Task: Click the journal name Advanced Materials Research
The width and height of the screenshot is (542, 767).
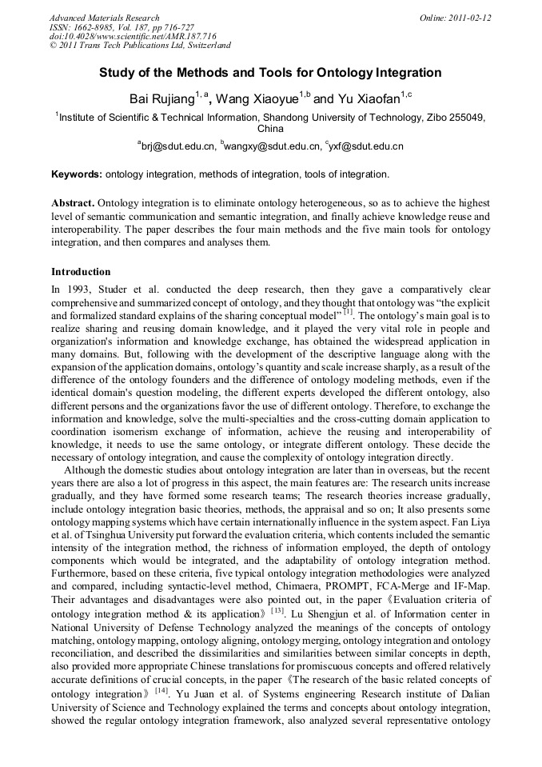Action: point(104,18)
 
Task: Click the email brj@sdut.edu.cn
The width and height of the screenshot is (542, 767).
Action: point(178,146)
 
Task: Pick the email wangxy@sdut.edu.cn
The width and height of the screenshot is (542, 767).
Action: point(270,146)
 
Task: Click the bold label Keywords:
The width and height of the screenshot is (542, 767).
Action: point(77,174)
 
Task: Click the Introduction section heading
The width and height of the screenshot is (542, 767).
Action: point(81,272)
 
